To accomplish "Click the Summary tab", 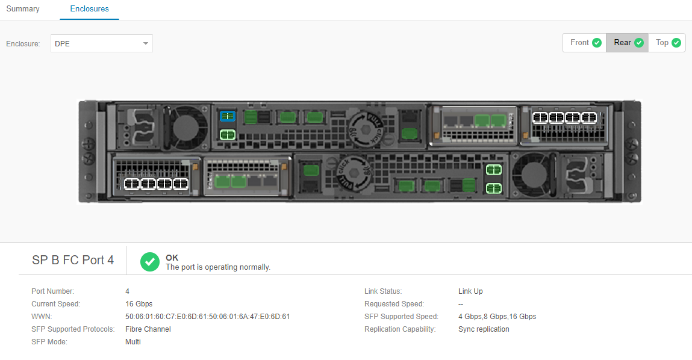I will click(23, 9).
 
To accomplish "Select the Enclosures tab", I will click(89, 9).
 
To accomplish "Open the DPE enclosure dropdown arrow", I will click(145, 43).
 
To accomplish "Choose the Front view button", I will click(585, 43).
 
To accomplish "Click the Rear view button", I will click(628, 43).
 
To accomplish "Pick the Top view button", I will click(667, 43).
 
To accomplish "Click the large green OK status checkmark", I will click(150, 262).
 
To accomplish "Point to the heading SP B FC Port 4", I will click(73, 261).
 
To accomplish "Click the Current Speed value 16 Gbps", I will click(139, 304).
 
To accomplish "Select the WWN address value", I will click(207, 317).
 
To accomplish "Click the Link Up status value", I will click(470, 291).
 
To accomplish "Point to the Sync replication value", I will click(484, 329).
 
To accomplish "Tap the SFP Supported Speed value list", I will click(497, 317).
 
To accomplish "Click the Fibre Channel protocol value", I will click(148, 329).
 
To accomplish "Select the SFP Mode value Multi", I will click(133, 342).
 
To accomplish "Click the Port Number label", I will click(53, 291).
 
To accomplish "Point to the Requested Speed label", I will click(394, 304).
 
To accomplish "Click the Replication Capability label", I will click(400, 329).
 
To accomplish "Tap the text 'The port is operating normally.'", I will click(218, 267).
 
